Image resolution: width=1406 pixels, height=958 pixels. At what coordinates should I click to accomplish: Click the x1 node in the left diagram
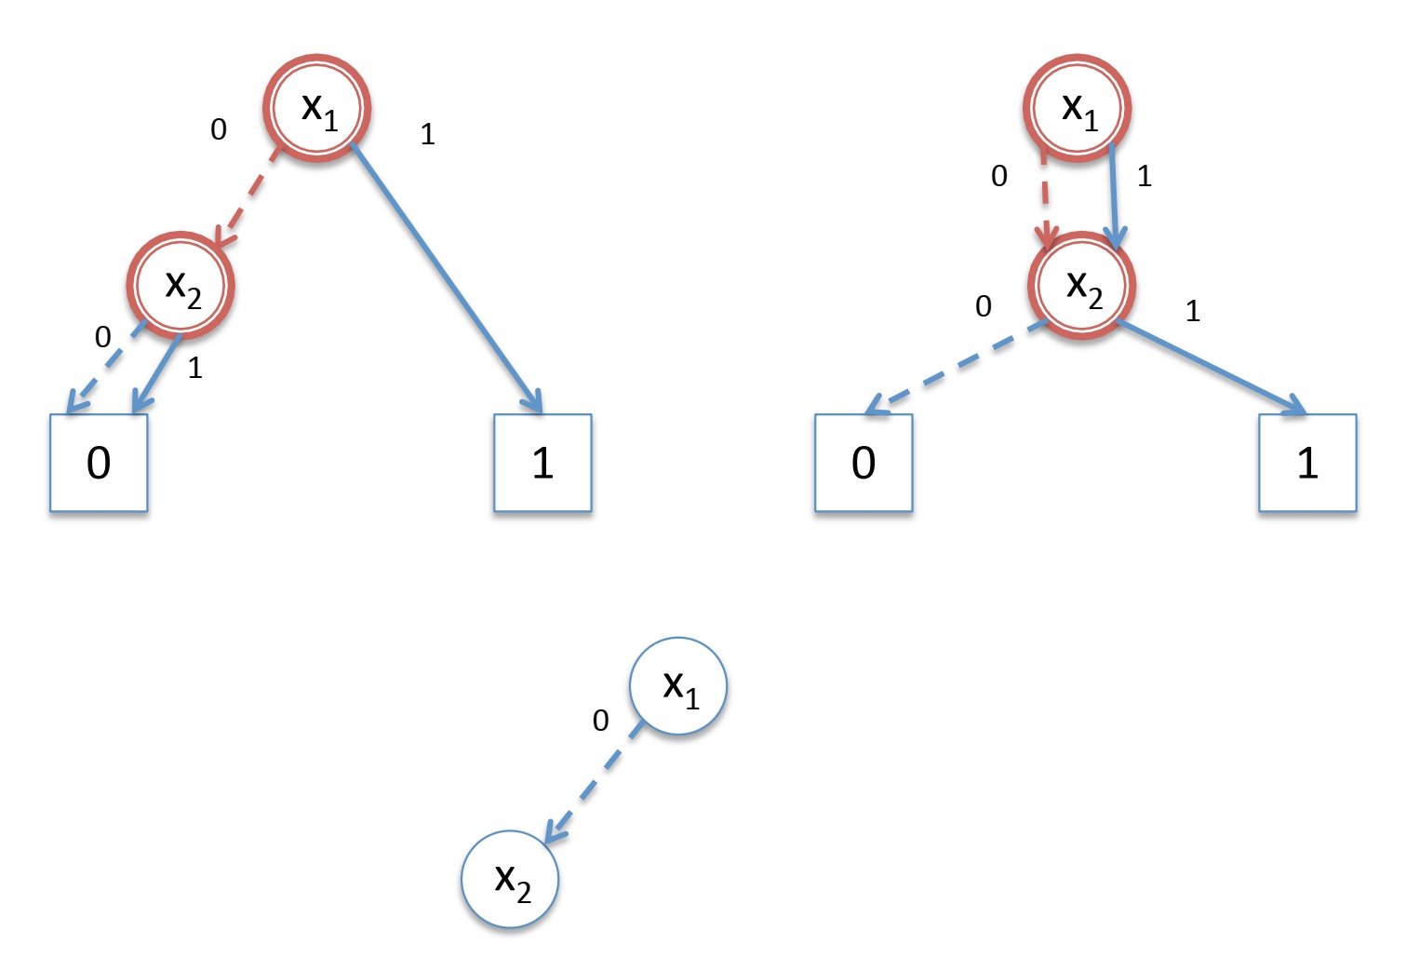[x=317, y=108]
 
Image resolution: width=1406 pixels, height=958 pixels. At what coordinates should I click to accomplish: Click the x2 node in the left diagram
[x=181, y=285]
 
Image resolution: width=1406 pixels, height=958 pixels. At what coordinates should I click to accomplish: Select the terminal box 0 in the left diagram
[x=99, y=463]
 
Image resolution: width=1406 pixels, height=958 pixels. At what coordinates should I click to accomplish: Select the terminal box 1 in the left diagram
[x=542, y=463]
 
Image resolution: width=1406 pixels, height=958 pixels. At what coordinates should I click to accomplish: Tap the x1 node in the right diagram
[x=1078, y=108]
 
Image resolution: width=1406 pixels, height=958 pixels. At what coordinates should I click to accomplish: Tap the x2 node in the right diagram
[x=1081, y=285]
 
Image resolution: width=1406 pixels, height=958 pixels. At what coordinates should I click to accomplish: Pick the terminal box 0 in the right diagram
[x=864, y=463]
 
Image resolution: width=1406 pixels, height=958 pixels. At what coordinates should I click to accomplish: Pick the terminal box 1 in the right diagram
[x=1307, y=463]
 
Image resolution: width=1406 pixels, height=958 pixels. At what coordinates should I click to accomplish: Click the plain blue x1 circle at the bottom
[x=678, y=686]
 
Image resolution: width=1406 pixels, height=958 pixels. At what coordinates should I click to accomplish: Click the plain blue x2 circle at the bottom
[x=510, y=879]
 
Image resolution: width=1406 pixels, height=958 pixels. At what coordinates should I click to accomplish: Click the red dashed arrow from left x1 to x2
[x=246, y=198]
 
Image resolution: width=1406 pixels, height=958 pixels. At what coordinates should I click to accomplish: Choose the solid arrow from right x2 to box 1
[x=1210, y=366]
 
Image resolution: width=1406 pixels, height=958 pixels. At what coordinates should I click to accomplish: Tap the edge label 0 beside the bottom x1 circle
[x=601, y=721]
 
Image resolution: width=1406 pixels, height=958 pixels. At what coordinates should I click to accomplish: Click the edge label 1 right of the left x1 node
[x=427, y=135]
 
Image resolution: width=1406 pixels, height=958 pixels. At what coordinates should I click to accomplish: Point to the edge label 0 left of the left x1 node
[x=219, y=129]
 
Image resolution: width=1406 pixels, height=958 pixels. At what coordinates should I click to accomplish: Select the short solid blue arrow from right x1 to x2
[x=1115, y=196]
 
